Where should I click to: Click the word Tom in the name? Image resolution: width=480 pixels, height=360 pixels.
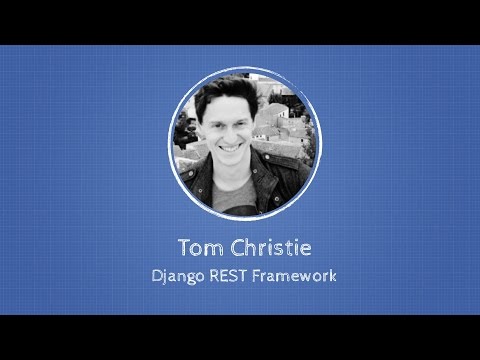(x=197, y=247)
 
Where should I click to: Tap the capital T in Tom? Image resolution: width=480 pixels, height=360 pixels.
(x=182, y=247)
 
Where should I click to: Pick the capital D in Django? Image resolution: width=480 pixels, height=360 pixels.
(x=150, y=275)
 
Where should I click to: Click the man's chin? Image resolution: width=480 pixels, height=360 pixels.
(x=232, y=162)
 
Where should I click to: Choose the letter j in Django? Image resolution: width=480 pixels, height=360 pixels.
(x=161, y=276)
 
